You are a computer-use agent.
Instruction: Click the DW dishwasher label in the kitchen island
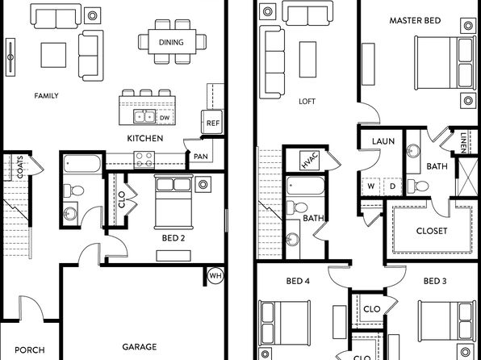pos(165,118)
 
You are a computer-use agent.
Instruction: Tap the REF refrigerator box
pos(212,122)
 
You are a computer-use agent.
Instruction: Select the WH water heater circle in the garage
pos(215,275)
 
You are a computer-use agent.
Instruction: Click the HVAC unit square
pos(310,161)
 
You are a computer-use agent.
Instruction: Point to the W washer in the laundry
pos(371,186)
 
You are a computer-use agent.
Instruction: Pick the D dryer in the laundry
pos(392,186)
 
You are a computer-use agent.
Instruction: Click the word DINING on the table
pos(171,42)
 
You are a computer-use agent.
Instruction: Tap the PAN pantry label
pos(201,157)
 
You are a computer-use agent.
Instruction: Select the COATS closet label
pos(20,167)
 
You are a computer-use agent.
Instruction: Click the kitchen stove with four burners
pos(144,160)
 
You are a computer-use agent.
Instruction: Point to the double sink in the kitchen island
pos(144,116)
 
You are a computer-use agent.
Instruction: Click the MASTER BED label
pos(415,20)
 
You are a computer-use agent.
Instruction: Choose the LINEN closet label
pos(463,142)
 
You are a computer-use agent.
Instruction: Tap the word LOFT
pos(307,101)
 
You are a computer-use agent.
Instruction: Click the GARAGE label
pos(140,347)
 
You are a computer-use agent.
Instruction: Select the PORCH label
pos(30,350)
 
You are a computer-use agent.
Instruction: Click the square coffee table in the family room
pos(53,55)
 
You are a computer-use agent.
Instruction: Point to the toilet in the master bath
pos(418,186)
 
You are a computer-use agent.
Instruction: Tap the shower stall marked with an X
pos(467,177)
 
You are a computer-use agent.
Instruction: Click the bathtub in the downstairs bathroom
pos(82,164)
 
